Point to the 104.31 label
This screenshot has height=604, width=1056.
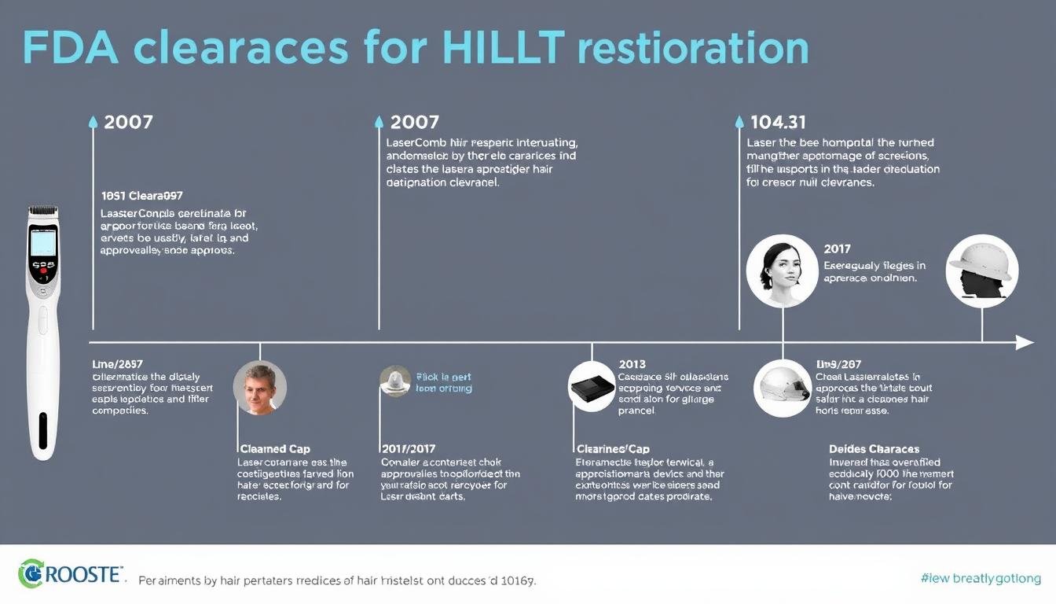point(778,122)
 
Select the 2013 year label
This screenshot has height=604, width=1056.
point(632,364)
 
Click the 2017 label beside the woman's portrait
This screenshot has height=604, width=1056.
point(838,249)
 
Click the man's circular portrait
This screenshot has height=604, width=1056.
point(259,389)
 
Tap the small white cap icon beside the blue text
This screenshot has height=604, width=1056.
point(395,381)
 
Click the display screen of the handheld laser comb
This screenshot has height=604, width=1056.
point(42,241)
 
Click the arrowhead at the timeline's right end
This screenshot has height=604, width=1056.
point(1025,342)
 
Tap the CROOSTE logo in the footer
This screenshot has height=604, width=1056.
point(71,574)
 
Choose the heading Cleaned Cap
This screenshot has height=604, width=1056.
point(273,448)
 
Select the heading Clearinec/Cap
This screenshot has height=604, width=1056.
point(613,448)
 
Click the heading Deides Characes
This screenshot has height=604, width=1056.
point(874,448)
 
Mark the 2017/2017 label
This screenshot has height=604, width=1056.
point(409,448)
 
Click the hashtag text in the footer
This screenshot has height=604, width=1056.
point(981,579)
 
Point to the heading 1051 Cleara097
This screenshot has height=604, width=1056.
point(141,195)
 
